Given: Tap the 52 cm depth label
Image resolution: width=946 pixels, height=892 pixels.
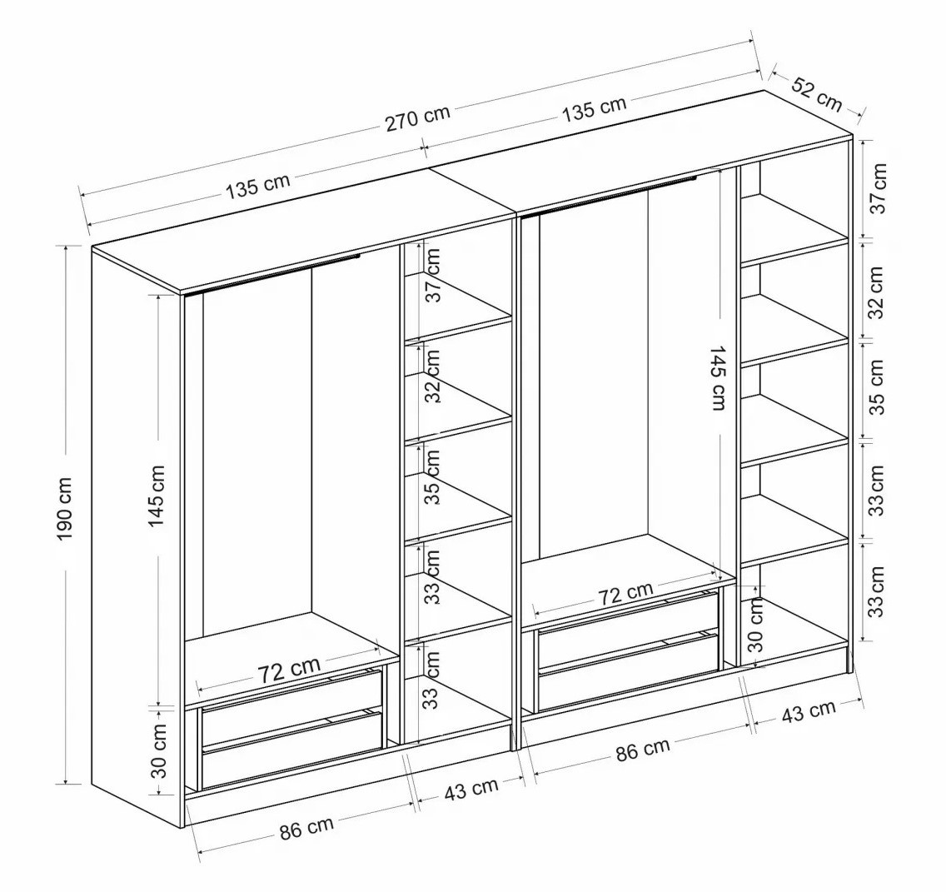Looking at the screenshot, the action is [816, 94].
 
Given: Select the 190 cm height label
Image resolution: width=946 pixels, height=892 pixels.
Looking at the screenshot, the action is [66, 509].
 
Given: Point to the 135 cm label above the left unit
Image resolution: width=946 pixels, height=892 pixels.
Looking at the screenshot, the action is [257, 185].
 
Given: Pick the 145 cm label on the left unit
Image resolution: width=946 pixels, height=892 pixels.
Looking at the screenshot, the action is [157, 496].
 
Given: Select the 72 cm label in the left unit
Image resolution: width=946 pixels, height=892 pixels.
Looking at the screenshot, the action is [289, 669].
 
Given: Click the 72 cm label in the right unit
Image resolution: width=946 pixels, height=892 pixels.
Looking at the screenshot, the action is [625, 593].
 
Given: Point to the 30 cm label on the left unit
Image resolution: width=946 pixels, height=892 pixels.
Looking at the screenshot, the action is [159, 750].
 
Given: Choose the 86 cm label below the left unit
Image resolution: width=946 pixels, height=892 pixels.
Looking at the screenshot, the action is [306, 828].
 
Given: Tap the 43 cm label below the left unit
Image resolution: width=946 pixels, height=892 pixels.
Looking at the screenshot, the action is [471, 788].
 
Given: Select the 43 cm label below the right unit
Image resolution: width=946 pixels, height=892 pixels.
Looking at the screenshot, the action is [809, 711].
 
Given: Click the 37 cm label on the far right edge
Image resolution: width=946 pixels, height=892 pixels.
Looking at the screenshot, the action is [879, 187].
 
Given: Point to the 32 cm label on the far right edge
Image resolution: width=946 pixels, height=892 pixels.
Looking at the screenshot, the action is [877, 292].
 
